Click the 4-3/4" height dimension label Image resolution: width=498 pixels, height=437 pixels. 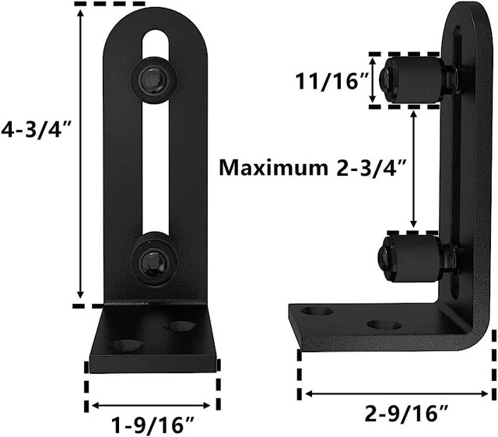pos(35,130)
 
